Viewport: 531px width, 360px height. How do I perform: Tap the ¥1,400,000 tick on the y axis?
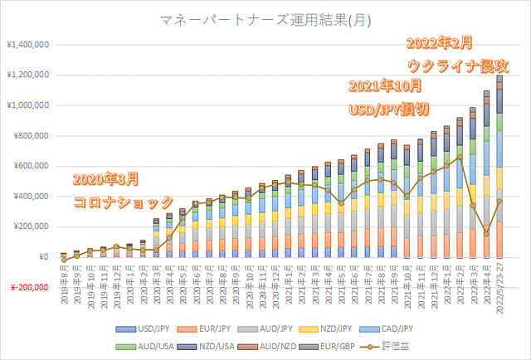[x=28, y=45]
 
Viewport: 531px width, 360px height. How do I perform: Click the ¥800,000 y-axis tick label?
[x=30, y=136]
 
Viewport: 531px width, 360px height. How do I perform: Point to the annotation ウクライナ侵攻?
[x=458, y=65]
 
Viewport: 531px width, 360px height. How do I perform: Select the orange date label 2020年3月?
[x=105, y=179]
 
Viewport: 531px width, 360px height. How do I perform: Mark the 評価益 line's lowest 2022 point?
[x=487, y=234]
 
